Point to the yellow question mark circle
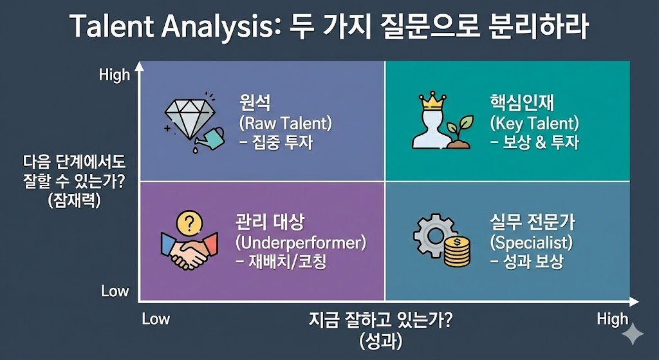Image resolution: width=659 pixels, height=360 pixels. [x=190, y=223]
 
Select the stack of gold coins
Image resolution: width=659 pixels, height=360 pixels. [x=457, y=252]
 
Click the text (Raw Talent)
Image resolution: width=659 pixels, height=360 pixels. [x=285, y=123]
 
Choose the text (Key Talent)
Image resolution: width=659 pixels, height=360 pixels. [x=535, y=123]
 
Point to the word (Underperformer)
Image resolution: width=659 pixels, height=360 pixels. [x=301, y=243]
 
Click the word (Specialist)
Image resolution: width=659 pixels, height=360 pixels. [x=531, y=243]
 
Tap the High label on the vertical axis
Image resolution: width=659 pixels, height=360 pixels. [x=115, y=75]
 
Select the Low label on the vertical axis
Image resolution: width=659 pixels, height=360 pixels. [x=115, y=291]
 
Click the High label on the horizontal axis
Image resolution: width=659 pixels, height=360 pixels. [x=613, y=319]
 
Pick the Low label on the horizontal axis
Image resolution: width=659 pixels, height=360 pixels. [x=156, y=319]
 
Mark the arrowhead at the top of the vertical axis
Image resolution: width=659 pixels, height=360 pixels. [x=138, y=66]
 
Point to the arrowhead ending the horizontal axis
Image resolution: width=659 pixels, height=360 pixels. [x=634, y=301]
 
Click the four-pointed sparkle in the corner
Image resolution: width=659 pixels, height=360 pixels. [x=633, y=334]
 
